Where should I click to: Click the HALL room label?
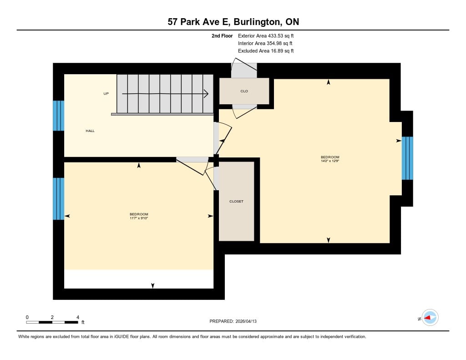(90, 131)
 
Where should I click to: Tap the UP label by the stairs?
(106, 94)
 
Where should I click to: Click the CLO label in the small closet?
(244, 91)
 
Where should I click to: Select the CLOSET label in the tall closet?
(236, 202)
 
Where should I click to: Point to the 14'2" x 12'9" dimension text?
(330, 161)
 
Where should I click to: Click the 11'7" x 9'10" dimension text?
(139, 218)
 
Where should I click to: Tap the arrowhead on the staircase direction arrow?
(206, 94)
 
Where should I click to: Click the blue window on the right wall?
(407, 158)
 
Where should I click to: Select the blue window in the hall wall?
(59, 116)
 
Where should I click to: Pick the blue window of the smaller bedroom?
(59, 199)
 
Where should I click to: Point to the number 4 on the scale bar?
(78, 317)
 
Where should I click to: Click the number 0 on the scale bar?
(27, 317)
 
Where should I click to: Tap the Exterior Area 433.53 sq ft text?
(266, 36)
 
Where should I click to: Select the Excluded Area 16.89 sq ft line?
(266, 51)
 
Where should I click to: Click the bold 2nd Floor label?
(222, 36)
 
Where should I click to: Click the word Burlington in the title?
(257, 22)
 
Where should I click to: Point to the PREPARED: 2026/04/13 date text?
(233, 321)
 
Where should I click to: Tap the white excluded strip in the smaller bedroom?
(139, 279)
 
